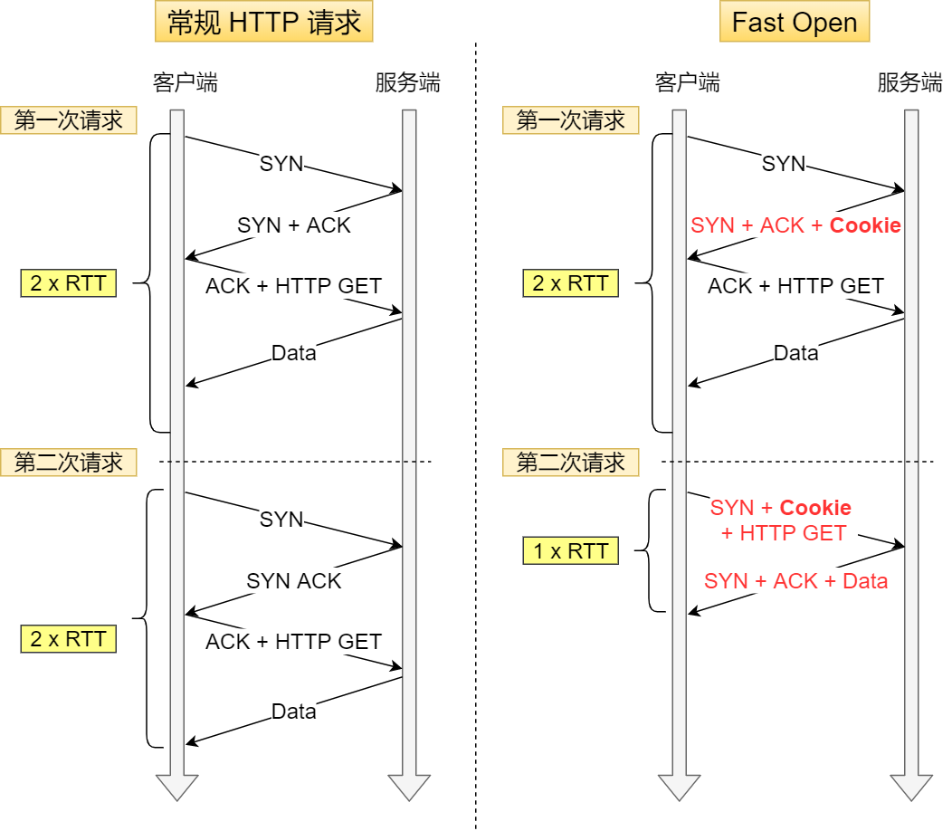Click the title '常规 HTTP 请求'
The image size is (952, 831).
tap(263, 23)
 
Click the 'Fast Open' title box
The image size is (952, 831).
tap(794, 23)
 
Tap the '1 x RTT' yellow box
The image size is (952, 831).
tap(570, 551)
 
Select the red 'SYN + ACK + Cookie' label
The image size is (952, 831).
tap(795, 225)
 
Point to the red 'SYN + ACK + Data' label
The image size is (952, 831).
tap(795, 581)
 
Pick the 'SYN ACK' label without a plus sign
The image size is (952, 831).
tap(293, 581)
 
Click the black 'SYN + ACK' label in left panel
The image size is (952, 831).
tap(293, 225)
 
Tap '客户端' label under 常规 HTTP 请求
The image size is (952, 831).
tap(186, 83)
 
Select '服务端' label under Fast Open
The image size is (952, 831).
tap(909, 83)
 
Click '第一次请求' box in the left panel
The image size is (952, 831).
tap(69, 120)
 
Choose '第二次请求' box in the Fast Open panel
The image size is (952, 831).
tap(571, 463)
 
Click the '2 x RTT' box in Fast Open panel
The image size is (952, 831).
tap(570, 283)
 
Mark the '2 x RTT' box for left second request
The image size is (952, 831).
tap(69, 639)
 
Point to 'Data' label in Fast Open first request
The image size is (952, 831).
tap(795, 353)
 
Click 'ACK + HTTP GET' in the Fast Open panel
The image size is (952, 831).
tap(795, 286)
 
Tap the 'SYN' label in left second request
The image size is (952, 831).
tap(281, 520)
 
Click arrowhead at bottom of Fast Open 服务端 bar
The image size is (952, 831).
tap(910, 787)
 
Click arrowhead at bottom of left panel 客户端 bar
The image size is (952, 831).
tap(176, 787)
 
